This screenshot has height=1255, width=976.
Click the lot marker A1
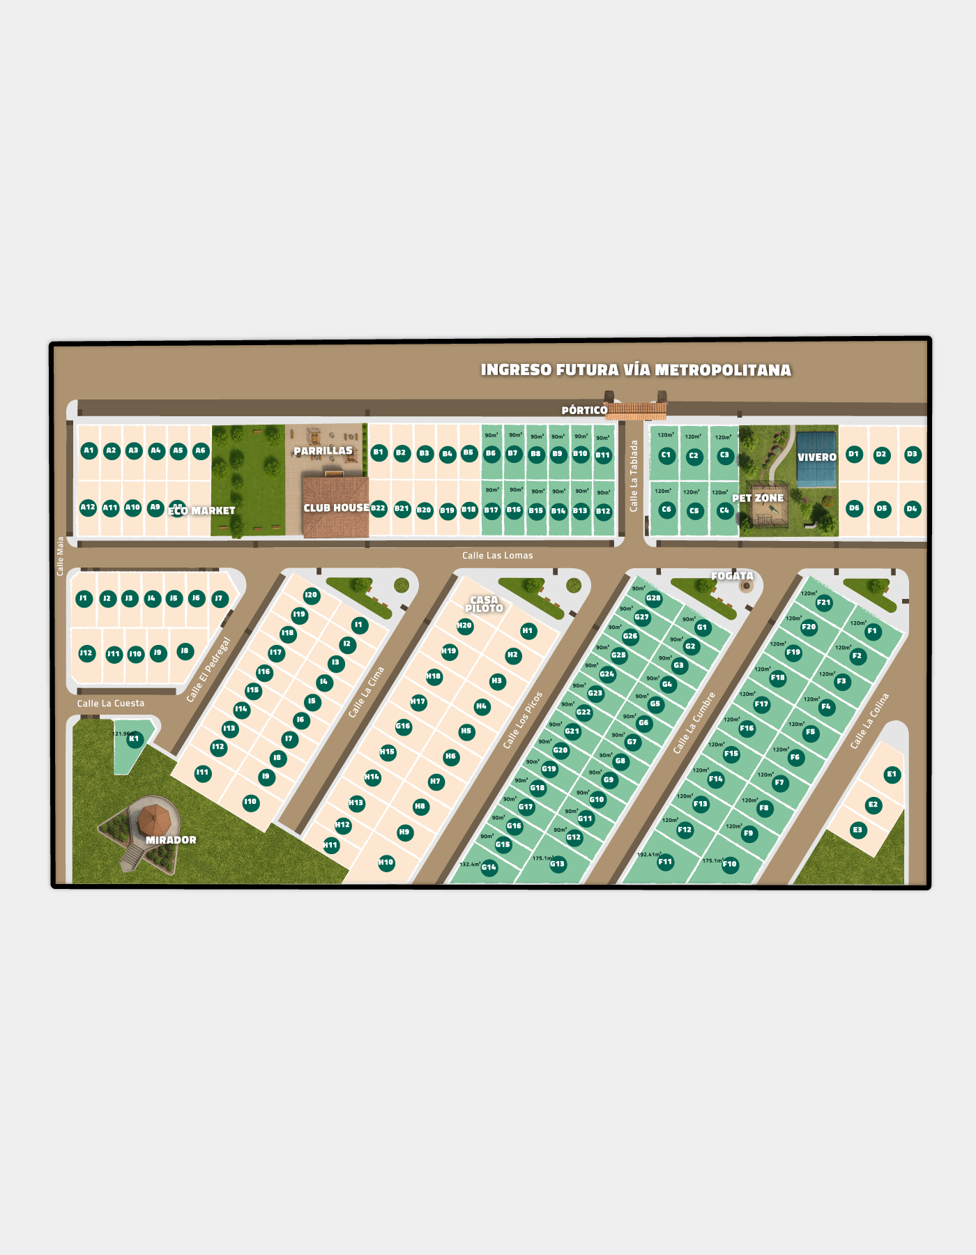coord(89,450)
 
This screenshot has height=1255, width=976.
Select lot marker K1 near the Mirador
coord(134,739)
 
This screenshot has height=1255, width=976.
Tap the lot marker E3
coord(857,830)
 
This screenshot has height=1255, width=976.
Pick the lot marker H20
coord(465,626)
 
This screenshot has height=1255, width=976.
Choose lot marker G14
coord(489,868)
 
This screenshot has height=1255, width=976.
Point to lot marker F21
coord(824,603)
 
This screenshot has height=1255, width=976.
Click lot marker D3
coord(912,455)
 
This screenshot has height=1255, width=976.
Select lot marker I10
coord(250,803)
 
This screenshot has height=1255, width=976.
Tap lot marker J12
coord(86,653)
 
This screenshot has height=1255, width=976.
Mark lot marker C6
coord(666,510)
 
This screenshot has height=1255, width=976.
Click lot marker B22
coord(379,508)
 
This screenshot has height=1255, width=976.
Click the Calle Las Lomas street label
coord(497,556)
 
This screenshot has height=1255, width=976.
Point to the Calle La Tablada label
coord(634,476)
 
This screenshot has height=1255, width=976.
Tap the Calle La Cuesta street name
coord(111,703)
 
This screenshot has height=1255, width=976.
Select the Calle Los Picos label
coord(522,720)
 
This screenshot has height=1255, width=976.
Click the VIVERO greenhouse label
coord(816,457)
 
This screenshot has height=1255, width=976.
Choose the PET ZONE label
coord(758,498)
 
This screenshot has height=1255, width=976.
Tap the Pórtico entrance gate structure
coord(636,410)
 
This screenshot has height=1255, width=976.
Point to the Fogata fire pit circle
coord(747,586)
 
